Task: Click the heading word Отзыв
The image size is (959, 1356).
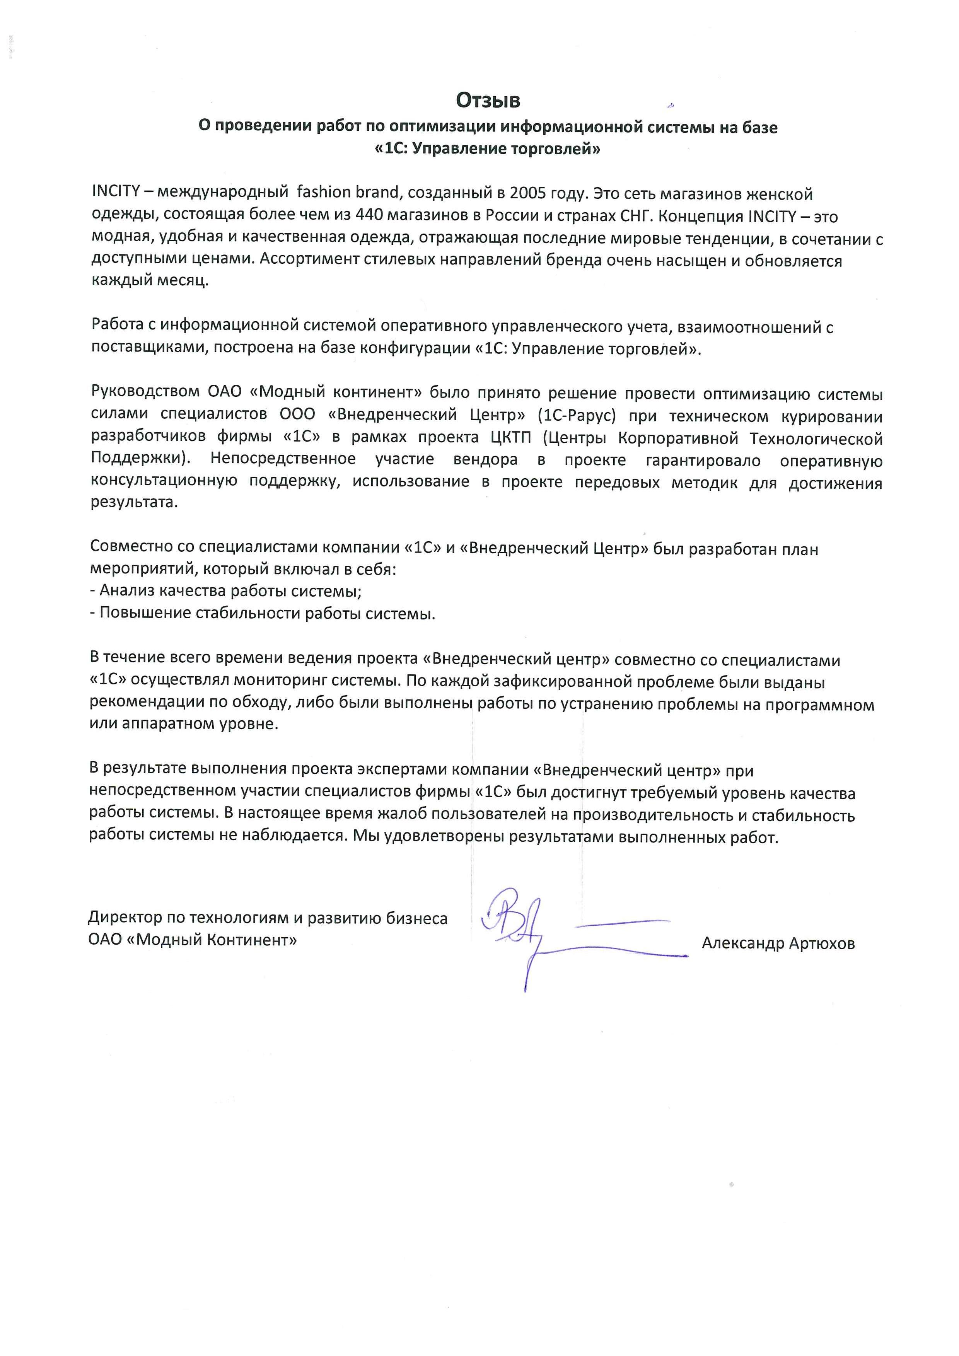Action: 487,101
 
